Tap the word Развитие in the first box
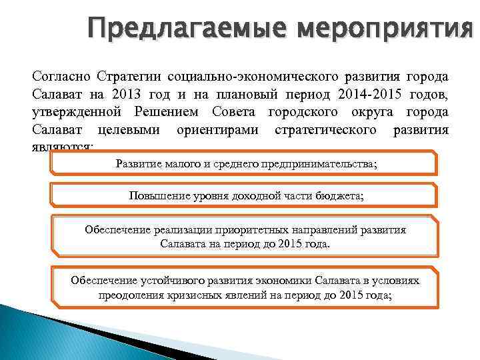pyautogui.click(x=137, y=163)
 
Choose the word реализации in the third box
pyautogui.click(x=183, y=230)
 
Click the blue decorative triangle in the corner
pyautogui.click(x=40, y=333)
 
